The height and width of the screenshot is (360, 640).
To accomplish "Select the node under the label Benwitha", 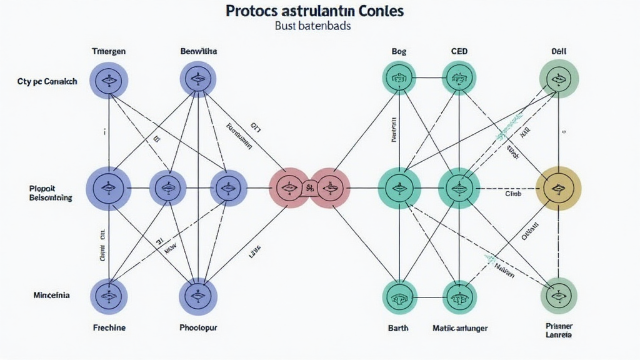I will (198, 79).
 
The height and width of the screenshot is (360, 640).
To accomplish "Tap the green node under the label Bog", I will (399, 78).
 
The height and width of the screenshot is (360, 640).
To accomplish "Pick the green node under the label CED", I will (459, 78).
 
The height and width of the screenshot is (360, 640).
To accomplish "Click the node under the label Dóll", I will (559, 79).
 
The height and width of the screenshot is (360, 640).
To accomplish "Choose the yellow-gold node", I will (559, 187).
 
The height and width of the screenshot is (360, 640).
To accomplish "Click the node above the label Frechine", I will (109, 296).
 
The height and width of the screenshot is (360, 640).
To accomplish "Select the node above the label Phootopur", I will (197, 295).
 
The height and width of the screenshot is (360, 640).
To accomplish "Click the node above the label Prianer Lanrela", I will (558, 294).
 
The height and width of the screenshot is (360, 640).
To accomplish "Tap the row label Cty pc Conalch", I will (47, 81).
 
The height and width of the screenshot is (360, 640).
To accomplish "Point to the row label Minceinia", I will (51, 294).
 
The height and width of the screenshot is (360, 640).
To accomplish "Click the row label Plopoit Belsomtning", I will (50, 192).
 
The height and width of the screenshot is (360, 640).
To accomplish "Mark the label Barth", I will (397, 327).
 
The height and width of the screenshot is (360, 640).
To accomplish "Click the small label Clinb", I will (512, 194).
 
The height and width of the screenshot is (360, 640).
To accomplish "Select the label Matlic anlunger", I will (460, 327).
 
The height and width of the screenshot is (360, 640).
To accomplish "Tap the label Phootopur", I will (197, 327).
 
